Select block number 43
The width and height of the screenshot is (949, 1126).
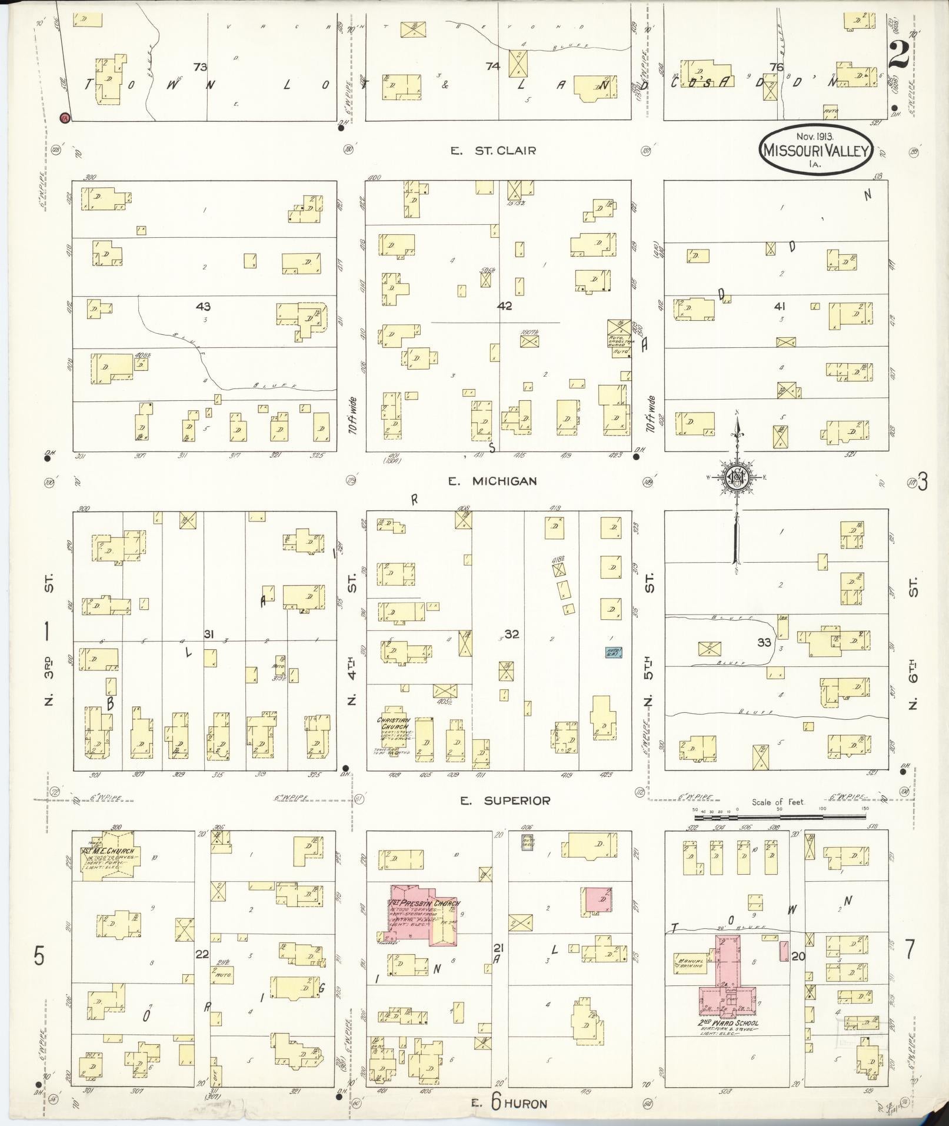[204, 307]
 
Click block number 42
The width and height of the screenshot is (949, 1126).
[504, 306]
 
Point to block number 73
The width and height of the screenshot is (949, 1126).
[200, 67]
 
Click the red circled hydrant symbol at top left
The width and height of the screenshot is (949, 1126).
[65, 118]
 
